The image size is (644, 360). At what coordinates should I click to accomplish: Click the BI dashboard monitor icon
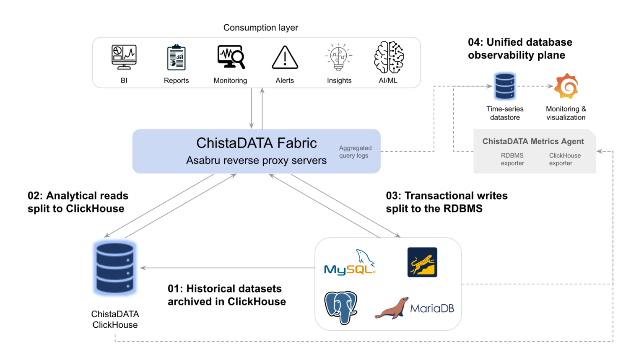(124, 57)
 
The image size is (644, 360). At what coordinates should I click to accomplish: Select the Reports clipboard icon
(177, 57)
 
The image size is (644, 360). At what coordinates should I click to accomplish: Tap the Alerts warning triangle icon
(285, 57)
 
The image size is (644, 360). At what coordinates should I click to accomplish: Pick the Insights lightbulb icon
(339, 57)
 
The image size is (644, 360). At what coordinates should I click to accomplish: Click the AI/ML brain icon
(389, 57)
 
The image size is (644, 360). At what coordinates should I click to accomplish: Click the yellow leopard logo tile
(422, 262)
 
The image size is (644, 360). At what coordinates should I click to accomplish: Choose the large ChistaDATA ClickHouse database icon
(115, 268)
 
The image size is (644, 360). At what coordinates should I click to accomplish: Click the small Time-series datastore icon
(505, 86)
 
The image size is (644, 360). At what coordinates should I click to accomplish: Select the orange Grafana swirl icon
(566, 86)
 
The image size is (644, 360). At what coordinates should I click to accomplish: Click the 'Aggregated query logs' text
(355, 152)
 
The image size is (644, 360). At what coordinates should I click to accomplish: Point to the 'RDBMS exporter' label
(512, 159)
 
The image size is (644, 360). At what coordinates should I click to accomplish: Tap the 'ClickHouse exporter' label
(565, 159)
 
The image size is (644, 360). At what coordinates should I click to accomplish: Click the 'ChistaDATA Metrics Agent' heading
(533, 142)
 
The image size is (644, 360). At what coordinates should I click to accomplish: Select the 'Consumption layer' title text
(260, 28)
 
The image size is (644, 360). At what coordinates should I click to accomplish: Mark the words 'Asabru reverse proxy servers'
(256, 161)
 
